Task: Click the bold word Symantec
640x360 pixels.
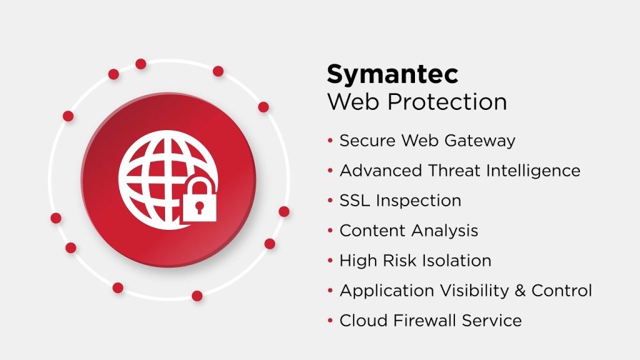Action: coord(392,75)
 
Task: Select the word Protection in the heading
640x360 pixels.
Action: coord(447,102)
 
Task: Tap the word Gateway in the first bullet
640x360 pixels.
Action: coord(479,141)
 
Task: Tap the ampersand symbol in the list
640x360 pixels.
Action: coord(520,291)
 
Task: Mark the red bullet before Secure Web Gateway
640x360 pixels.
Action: coord(330,141)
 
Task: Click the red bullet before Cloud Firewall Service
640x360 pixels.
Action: coord(330,321)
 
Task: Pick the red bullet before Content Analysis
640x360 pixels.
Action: coord(330,231)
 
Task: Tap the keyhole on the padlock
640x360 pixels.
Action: coord(199,207)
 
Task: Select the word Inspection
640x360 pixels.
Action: coord(418,201)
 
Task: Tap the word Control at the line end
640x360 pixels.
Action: coord(562,291)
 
